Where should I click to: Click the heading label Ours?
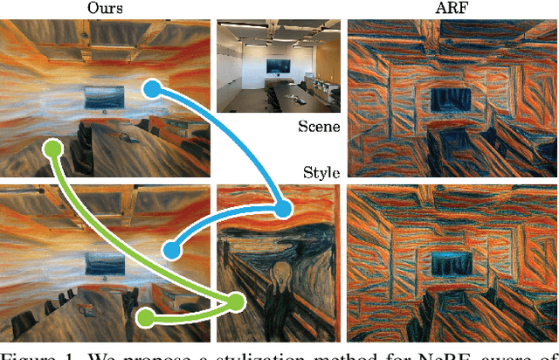[105, 8]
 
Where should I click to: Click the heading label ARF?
[452, 8]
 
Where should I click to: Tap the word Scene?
[319, 127]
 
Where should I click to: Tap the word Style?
[321, 172]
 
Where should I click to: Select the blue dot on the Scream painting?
[283, 209]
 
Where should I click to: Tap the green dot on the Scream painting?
[236, 302]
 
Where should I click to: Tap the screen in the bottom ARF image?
[452, 260]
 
